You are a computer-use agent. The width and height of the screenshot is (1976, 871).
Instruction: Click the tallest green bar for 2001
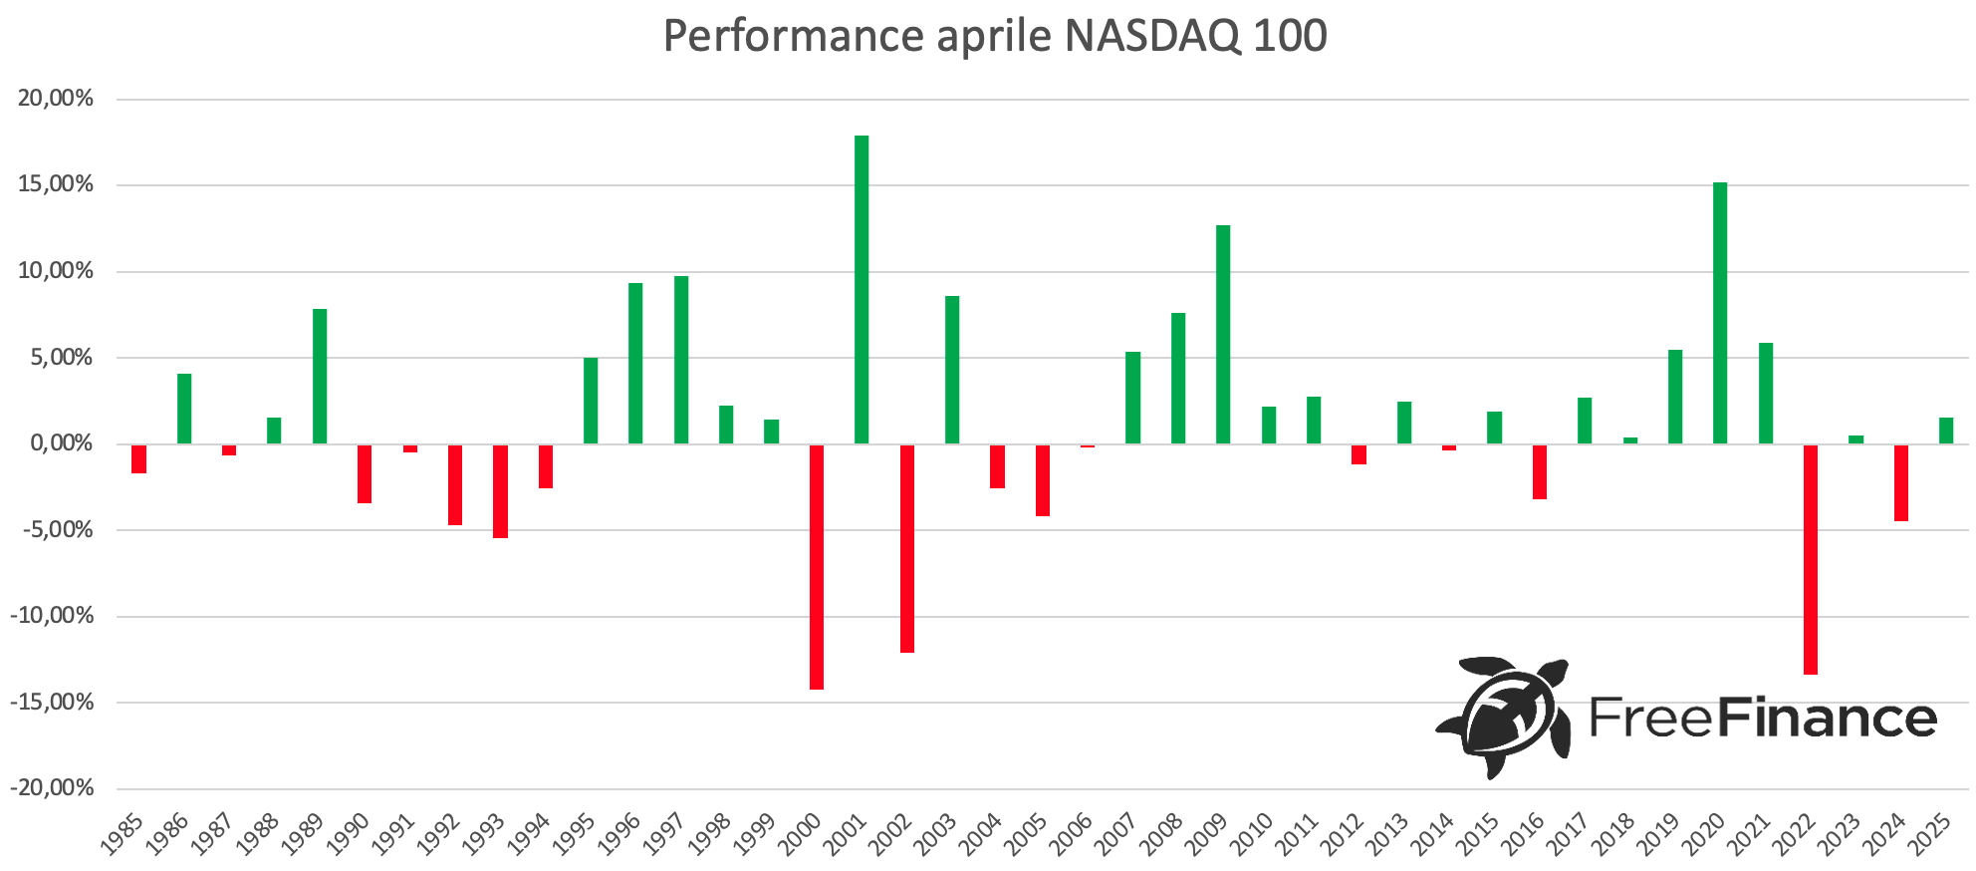pyautogui.click(x=862, y=289)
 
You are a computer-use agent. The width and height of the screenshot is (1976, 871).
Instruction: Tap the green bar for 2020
pyautogui.click(x=1720, y=313)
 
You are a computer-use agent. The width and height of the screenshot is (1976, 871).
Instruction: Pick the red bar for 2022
pyautogui.click(x=1811, y=559)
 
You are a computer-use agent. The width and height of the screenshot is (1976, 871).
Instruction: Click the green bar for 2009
pyautogui.click(x=1223, y=334)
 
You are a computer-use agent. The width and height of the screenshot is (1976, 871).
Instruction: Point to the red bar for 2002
pyautogui.click(x=907, y=548)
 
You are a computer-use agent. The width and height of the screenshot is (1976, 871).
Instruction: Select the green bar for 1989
pyautogui.click(x=320, y=376)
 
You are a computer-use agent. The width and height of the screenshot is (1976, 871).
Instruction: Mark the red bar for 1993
pyautogui.click(x=500, y=490)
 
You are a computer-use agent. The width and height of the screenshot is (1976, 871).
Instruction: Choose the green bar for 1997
pyautogui.click(x=681, y=360)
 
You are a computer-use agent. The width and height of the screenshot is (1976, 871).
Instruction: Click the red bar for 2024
pyautogui.click(x=1901, y=482)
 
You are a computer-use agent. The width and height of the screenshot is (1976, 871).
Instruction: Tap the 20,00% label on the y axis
pyautogui.click(x=56, y=99)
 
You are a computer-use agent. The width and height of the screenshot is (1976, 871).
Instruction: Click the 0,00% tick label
pyautogui.click(x=62, y=443)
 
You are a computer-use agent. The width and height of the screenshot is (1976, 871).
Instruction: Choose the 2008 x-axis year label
pyautogui.click(x=1162, y=835)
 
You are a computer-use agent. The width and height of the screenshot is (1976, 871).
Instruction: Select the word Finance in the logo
pyautogui.click(x=1828, y=718)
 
